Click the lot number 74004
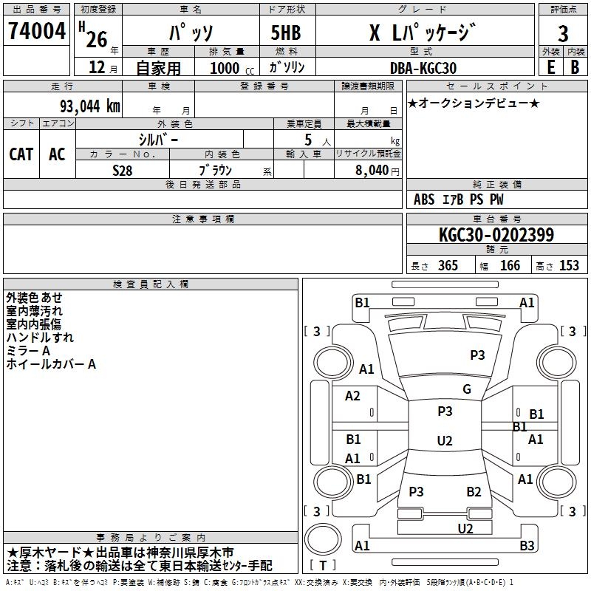36,33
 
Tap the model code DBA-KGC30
423,68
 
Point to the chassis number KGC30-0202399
496,236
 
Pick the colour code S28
123,169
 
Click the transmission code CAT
21,154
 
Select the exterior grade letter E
550,66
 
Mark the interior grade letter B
575,66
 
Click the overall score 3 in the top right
563,34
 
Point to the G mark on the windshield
467,389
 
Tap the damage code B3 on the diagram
527,546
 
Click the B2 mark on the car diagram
474,492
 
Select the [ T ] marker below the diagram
322,566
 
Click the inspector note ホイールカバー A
51,364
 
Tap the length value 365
448,266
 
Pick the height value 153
569,266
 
